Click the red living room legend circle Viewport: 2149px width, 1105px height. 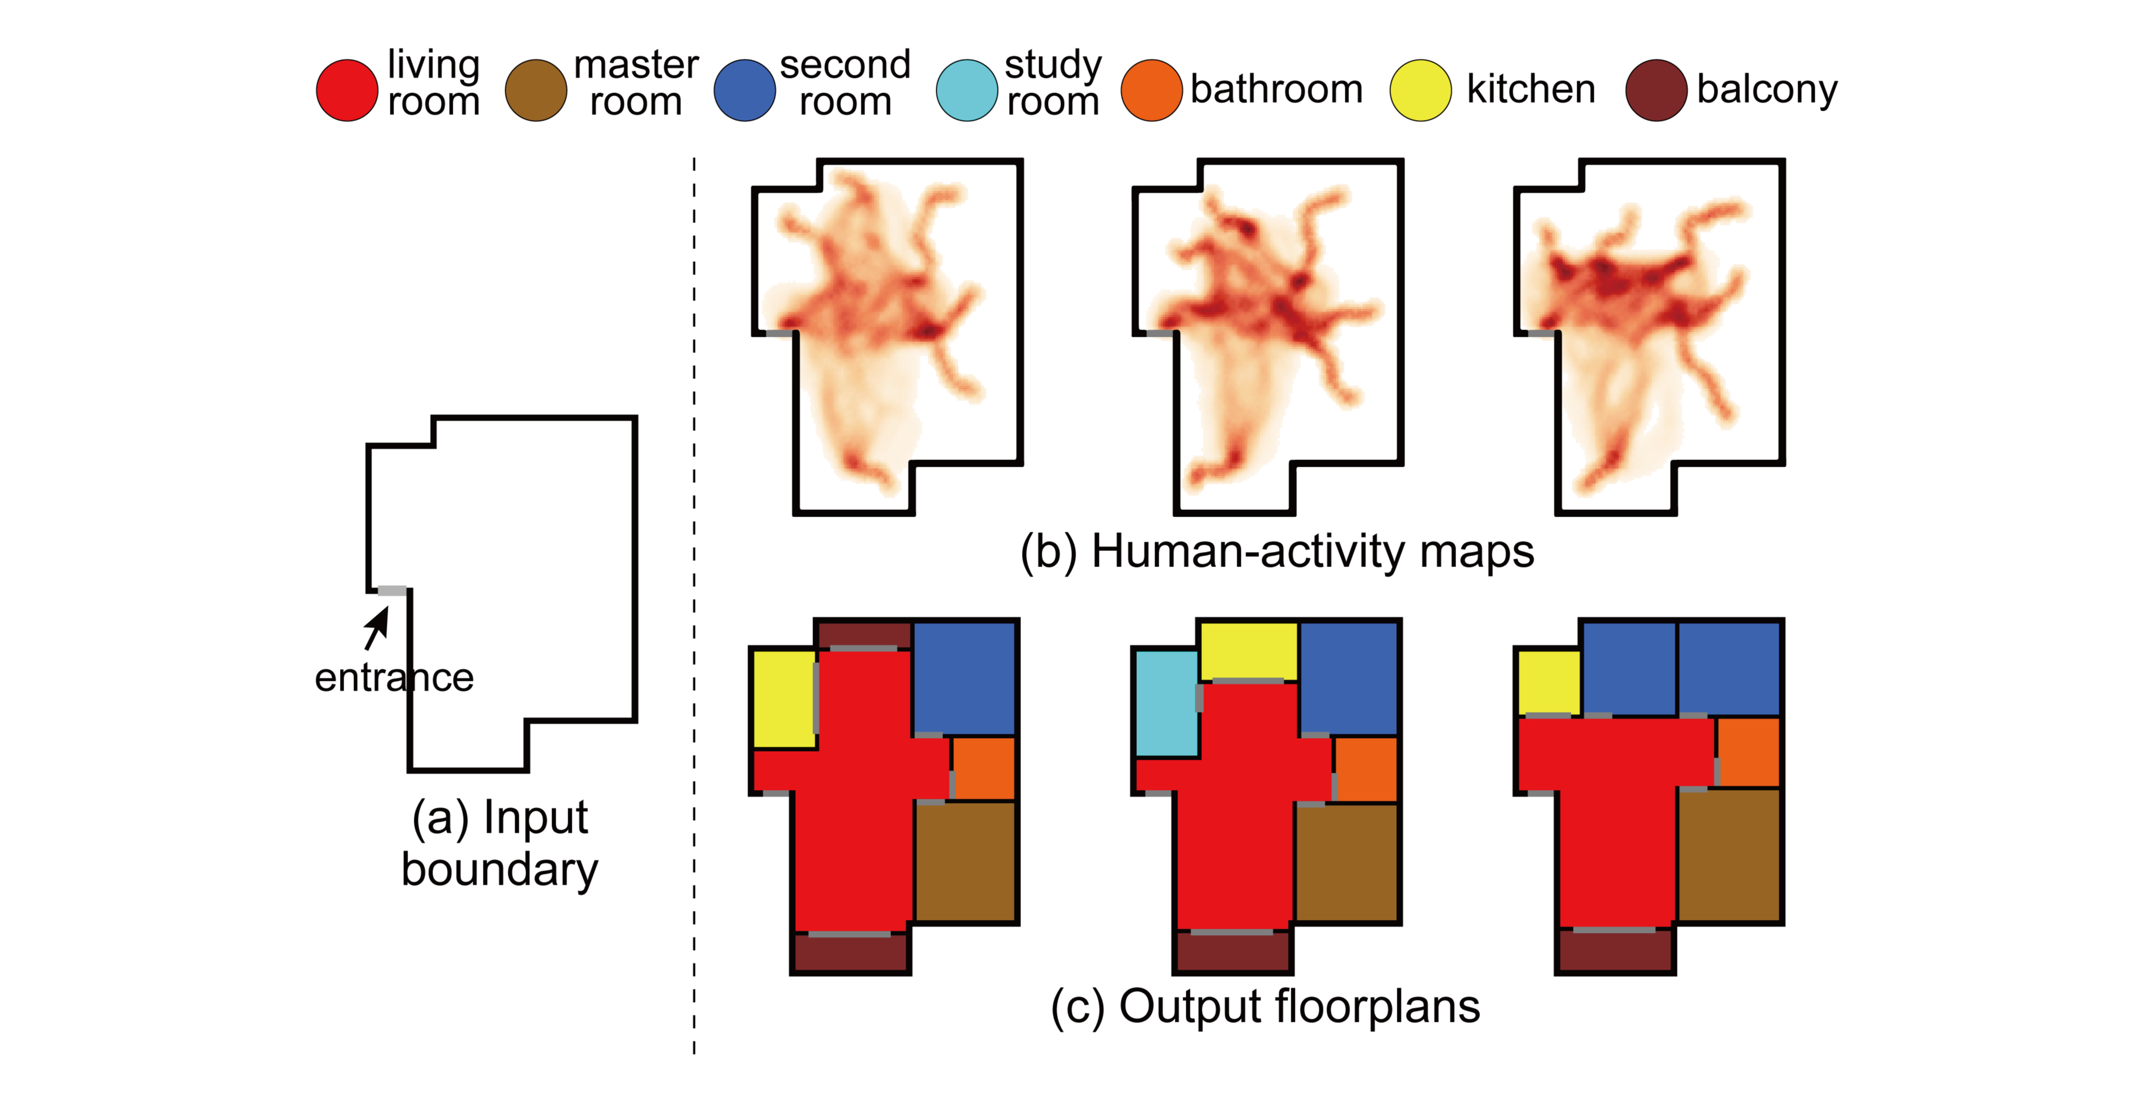[x=347, y=90]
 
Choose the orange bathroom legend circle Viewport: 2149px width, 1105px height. [x=1151, y=90]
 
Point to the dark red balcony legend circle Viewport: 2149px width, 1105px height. [x=1656, y=90]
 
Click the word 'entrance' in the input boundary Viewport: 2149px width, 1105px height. [x=394, y=677]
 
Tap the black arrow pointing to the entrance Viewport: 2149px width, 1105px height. [x=377, y=627]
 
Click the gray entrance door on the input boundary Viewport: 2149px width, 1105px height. [x=392, y=590]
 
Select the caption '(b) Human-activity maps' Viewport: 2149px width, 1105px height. [x=1276, y=552]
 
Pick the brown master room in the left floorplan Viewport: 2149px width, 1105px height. [x=965, y=861]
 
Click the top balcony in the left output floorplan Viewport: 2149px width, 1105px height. [x=863, y=634]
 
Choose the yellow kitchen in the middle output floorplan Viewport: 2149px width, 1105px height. [x=1248, y=651]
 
